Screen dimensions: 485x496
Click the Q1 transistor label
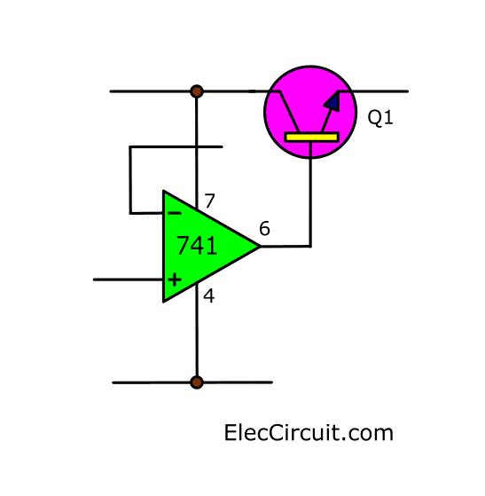point(380,117)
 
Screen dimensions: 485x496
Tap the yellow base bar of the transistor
point(312,138)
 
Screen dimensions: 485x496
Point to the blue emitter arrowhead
point(332,102)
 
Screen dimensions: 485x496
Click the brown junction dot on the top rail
point(197,91)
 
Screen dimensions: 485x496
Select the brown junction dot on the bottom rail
point(197,382)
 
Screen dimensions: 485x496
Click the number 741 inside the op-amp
point(197,246)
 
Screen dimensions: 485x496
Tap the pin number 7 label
point(209,201)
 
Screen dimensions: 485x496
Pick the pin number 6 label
point(264,228)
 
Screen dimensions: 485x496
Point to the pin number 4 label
point(209,296)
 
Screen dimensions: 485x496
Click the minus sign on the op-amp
point(175,214)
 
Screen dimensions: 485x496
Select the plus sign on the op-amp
point(175,279)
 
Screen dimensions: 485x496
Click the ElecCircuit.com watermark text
point(309,433)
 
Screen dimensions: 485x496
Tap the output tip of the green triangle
point(260,246)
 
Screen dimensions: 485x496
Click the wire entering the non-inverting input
point(128,279)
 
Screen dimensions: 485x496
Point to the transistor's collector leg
point(289,112)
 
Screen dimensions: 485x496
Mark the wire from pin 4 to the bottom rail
point(197,332)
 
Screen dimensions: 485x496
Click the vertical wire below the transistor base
point(311,194)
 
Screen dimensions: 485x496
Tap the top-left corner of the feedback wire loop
point(129,146)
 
